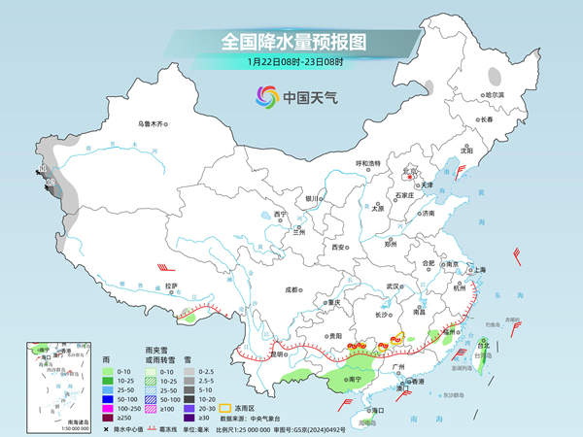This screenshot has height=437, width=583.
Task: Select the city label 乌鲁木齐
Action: tap(153, 123)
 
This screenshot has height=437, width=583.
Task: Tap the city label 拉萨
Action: tap(172, 286)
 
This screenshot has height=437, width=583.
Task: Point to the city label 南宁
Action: tap(353, 379)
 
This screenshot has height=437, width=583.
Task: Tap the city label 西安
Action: tap(339, 248)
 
